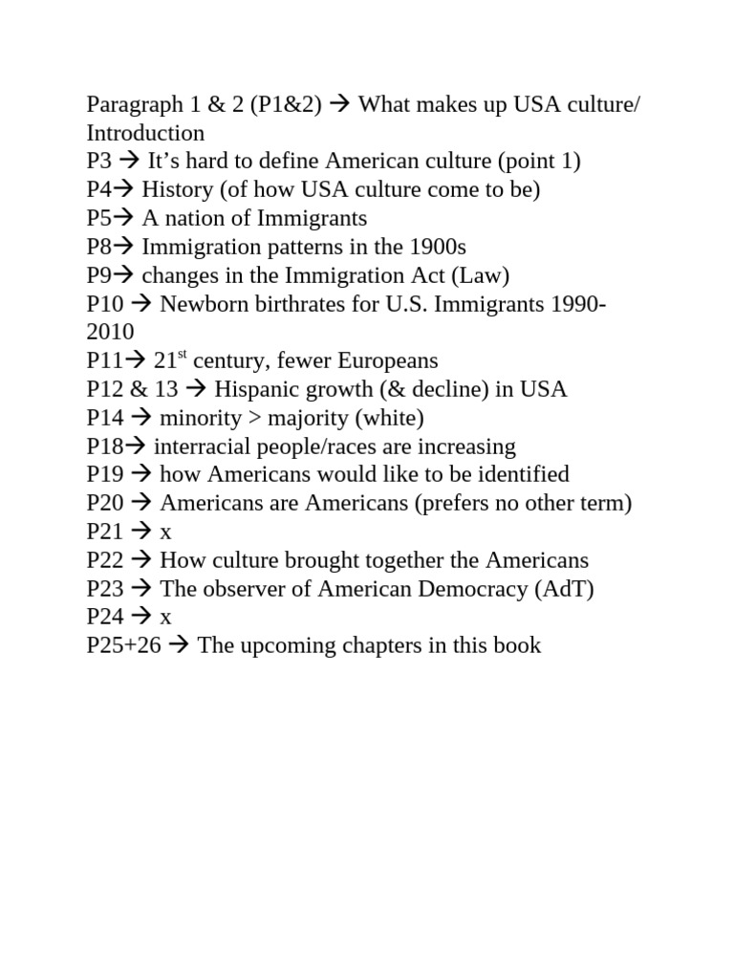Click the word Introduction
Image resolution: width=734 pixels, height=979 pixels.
coord(145,133)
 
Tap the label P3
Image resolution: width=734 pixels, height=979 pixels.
coord(99,161)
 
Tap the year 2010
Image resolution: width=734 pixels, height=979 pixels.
coord(110,332)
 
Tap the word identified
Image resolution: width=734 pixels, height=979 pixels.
coord(520,474)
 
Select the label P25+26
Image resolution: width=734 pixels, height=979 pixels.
coord(124,645)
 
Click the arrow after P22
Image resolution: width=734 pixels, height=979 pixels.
coord(141,560)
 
